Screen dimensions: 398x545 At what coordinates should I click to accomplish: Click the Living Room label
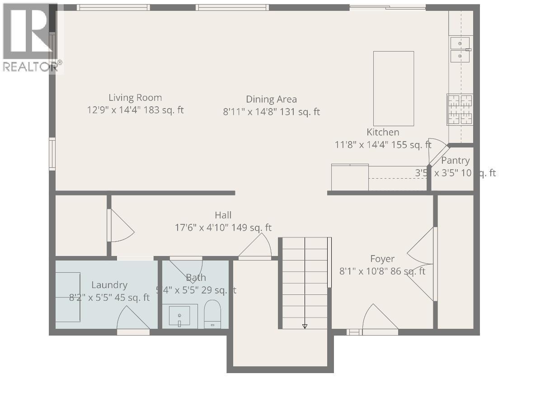[x=135, y=98]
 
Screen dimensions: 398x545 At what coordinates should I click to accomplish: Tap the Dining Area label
[x=271, y=99]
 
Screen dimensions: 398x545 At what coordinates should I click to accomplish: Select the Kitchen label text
[x=383, y=132]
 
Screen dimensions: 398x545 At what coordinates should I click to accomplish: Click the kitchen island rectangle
[x=393, y=88]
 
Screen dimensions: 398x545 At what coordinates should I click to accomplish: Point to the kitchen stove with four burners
[x=460, y=109]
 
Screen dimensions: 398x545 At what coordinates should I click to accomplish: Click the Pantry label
[x=455, y=161]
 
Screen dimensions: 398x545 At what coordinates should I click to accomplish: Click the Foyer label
[x=382, y=259]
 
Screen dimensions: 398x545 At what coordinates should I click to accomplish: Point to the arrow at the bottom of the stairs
[x=305, y=326]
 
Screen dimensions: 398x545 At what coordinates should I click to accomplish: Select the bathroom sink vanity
[x=183, y=316]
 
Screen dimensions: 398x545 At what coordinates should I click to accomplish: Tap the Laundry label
[x=109, y=285]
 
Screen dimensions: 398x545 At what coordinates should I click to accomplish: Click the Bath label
[x=196, y=277]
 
